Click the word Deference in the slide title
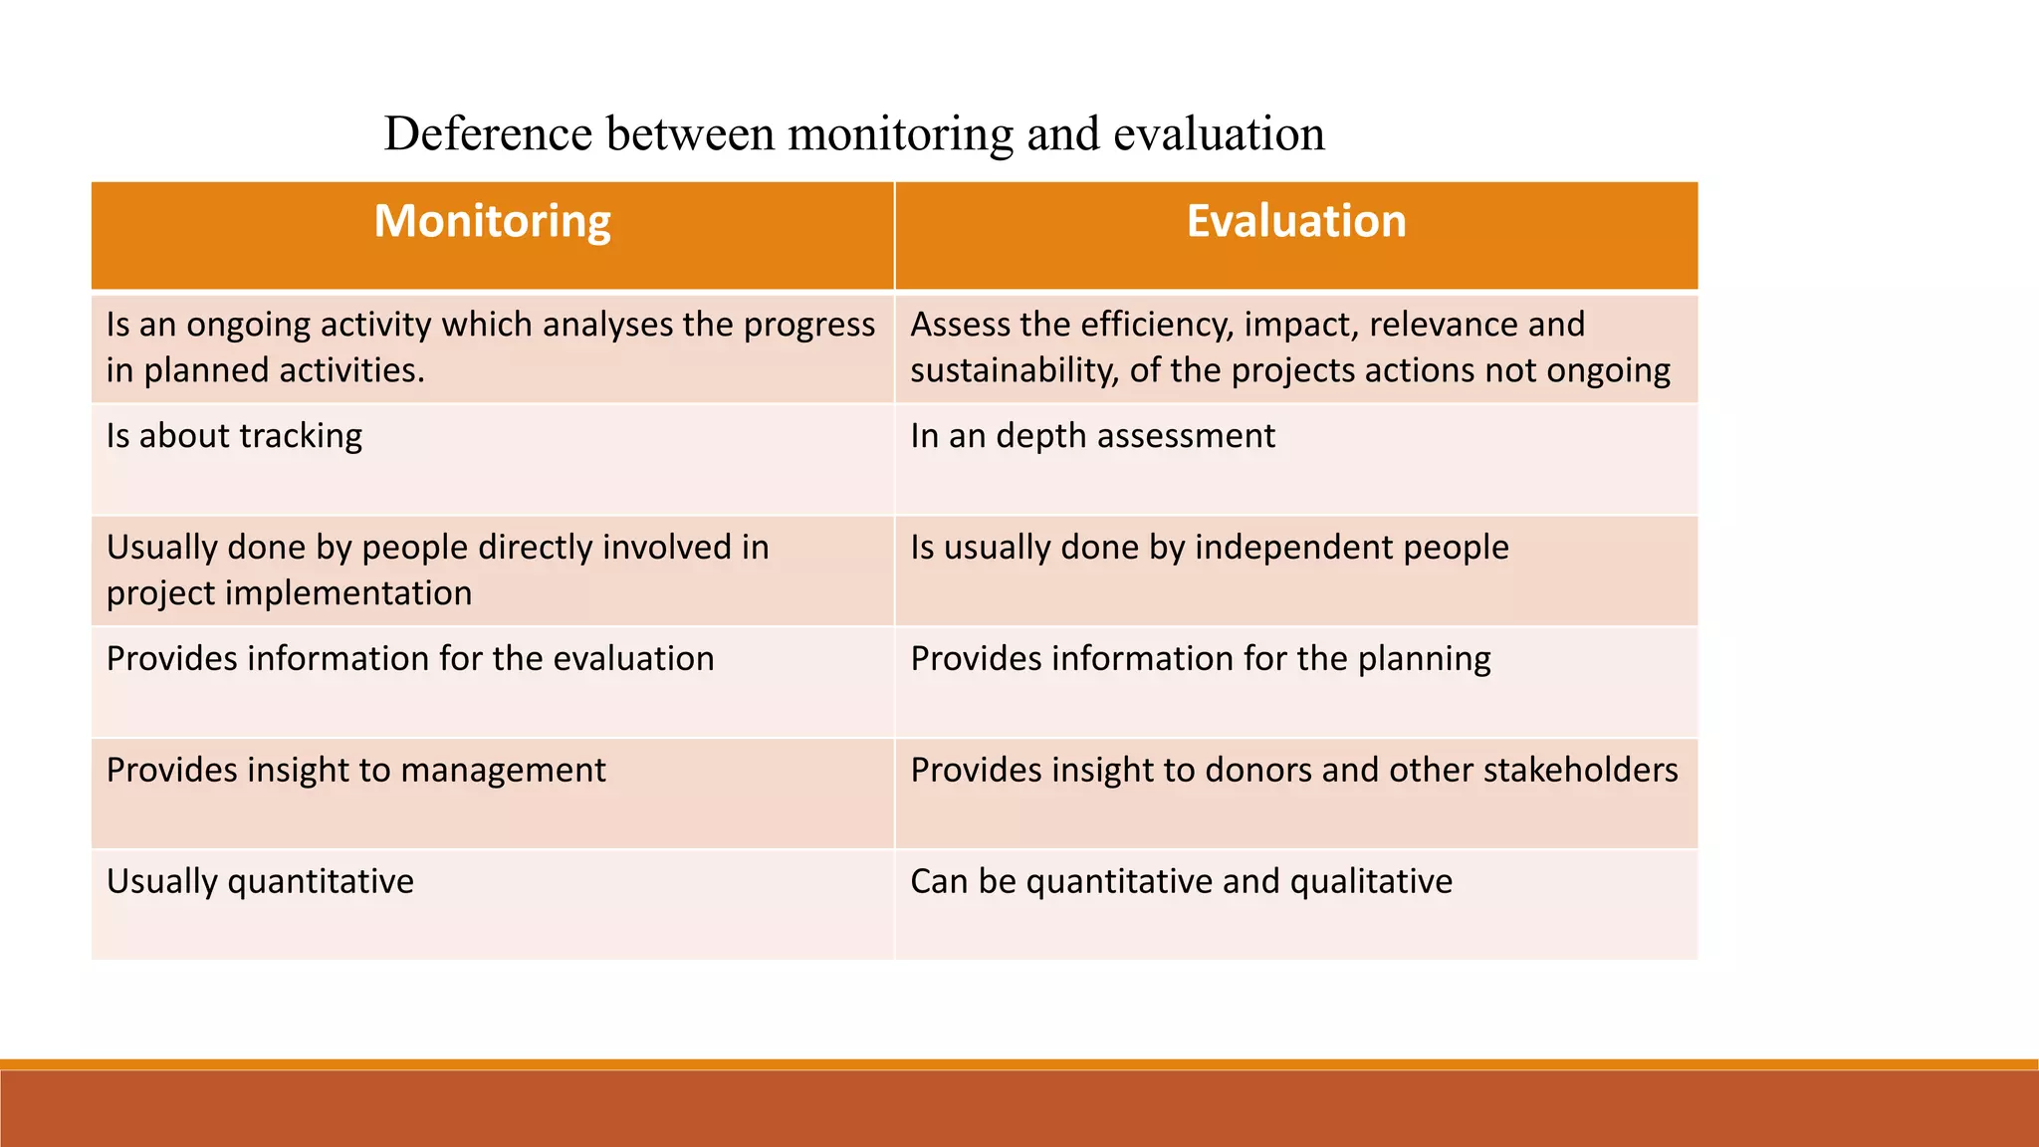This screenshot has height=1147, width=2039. (x=488, y=133)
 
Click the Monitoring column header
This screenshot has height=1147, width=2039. (x=492, y=221)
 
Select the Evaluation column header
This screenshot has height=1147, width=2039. (x=1295, y=221)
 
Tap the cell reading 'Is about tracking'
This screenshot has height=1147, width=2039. (x=234, y=436)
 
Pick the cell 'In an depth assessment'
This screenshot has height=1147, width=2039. (x=1092, y=436)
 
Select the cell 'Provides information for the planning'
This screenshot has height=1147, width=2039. (x=1200, y=659)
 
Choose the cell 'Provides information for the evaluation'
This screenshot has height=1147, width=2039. (x=410, y=659)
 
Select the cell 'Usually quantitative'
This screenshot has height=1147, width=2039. (x=260, y=882)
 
